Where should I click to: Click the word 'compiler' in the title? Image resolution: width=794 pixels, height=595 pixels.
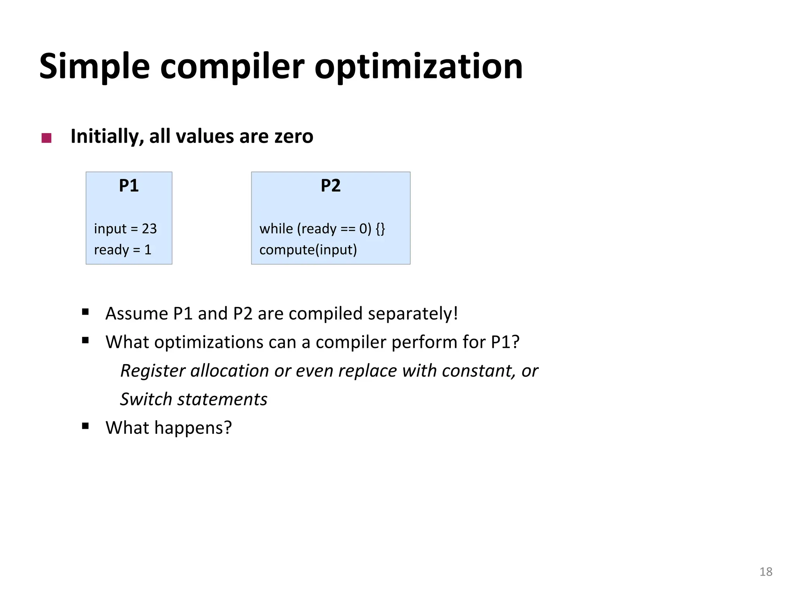click(232, 67)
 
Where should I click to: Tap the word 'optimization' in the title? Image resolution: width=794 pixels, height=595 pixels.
click(418, 67)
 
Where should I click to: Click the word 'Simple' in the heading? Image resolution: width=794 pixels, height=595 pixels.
click(94, 67)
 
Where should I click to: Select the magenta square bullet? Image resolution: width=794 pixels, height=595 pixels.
click(47, 138)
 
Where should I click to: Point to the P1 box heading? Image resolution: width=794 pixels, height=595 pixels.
click(129, 186)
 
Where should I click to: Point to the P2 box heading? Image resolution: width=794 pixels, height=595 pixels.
click(330, 186)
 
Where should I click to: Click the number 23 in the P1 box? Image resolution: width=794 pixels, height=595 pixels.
click(149, 229)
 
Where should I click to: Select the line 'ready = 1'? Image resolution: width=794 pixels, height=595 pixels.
click(123, 249)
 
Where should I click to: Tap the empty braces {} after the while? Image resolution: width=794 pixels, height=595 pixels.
click(380, 229)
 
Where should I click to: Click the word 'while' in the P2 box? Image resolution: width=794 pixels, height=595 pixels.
click(276, 229)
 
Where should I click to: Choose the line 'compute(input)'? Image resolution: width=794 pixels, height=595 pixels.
click(308, 249)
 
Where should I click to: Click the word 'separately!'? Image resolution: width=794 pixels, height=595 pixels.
click(413, 313)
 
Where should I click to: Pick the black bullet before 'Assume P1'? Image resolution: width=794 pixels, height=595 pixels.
click(85, 312)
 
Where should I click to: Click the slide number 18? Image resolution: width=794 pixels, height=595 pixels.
click(766, 572)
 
